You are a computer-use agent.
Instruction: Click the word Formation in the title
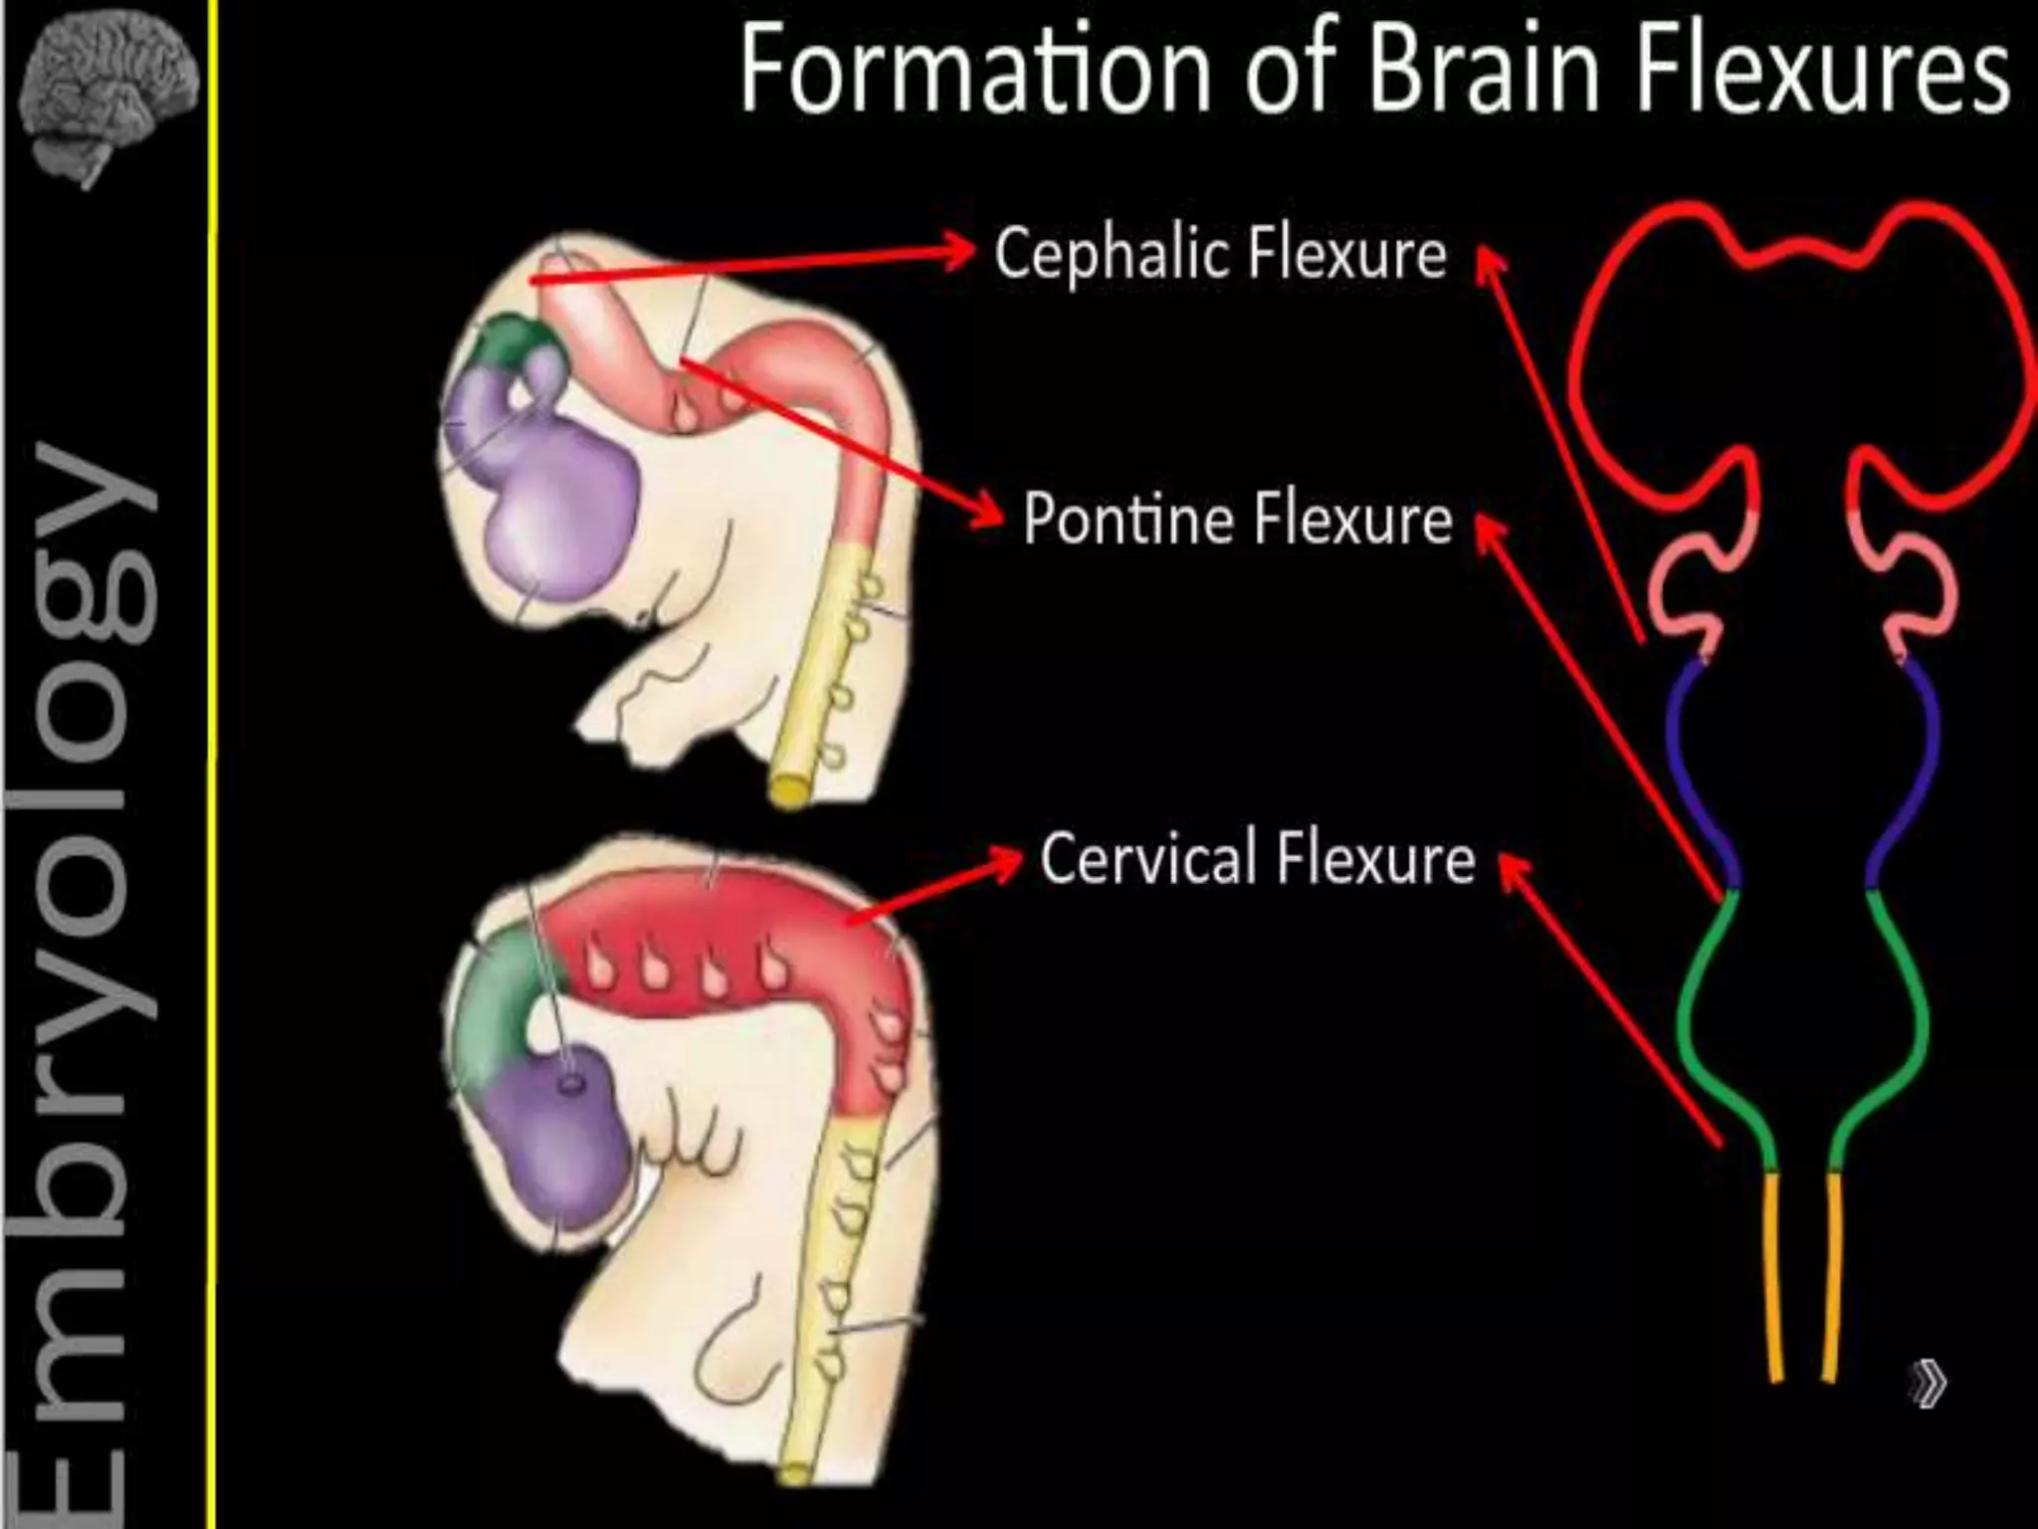click(973, 70)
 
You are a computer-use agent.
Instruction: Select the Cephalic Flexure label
click(1220, 253)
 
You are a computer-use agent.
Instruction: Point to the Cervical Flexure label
click(1257, 858)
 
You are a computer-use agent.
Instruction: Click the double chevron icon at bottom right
click(1928, 1384)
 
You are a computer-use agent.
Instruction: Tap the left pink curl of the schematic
click(1682, 597)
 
